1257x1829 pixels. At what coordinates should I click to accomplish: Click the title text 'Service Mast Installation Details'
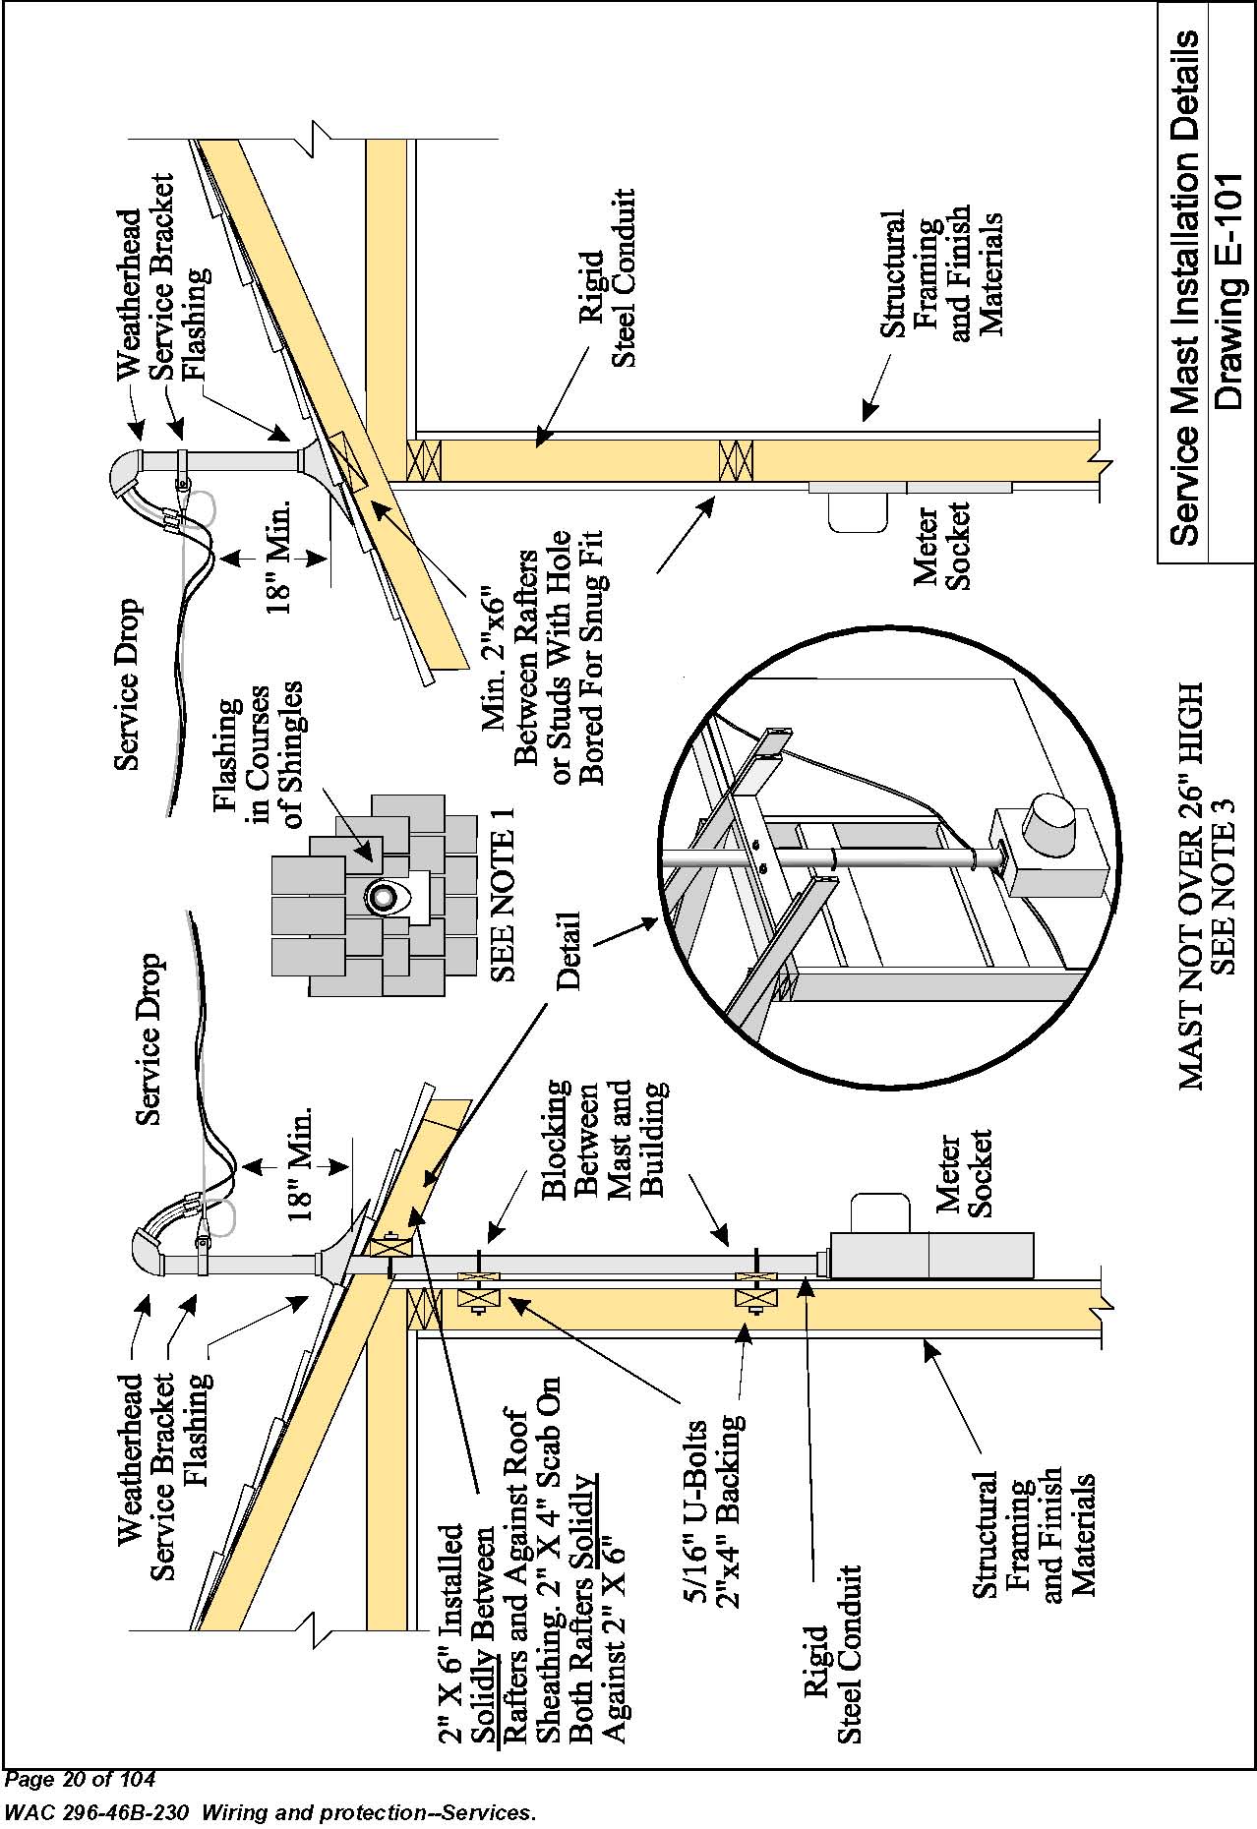point(1185,287)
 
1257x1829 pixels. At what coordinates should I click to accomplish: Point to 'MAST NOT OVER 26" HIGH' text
point(1190,886)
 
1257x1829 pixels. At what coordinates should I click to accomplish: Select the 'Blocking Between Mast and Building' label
point(604,1140)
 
